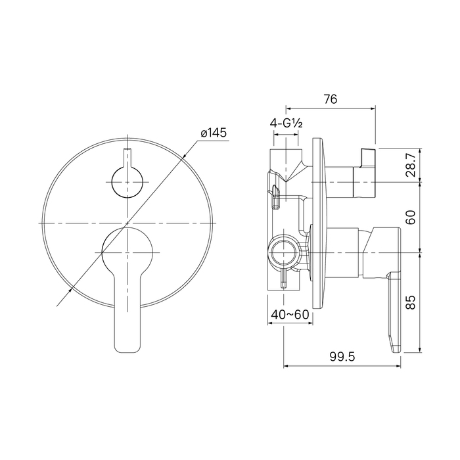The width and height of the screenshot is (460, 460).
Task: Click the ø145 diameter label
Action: tap(214, 133)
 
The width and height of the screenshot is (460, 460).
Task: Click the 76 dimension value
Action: tap(331, 99)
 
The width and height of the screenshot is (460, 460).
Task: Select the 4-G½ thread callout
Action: tap(286, 124)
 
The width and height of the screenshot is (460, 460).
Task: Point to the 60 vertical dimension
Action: tap(411, 217)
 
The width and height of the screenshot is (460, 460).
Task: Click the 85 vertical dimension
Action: tap(411, 302)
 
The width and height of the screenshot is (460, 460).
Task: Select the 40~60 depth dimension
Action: tap(290, 315)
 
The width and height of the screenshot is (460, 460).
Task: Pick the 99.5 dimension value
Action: tap(342, 357)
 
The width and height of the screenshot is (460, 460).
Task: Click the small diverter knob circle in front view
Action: tap(127, 182)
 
